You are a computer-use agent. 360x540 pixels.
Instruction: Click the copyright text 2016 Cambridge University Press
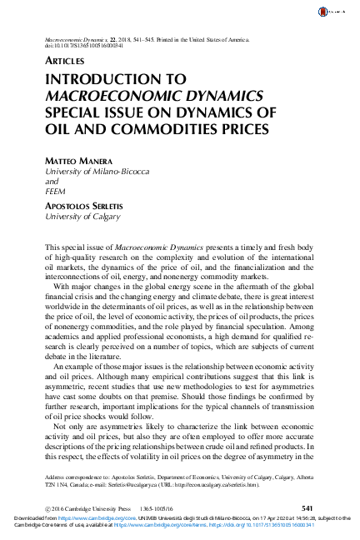click(x=90, y=507)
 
